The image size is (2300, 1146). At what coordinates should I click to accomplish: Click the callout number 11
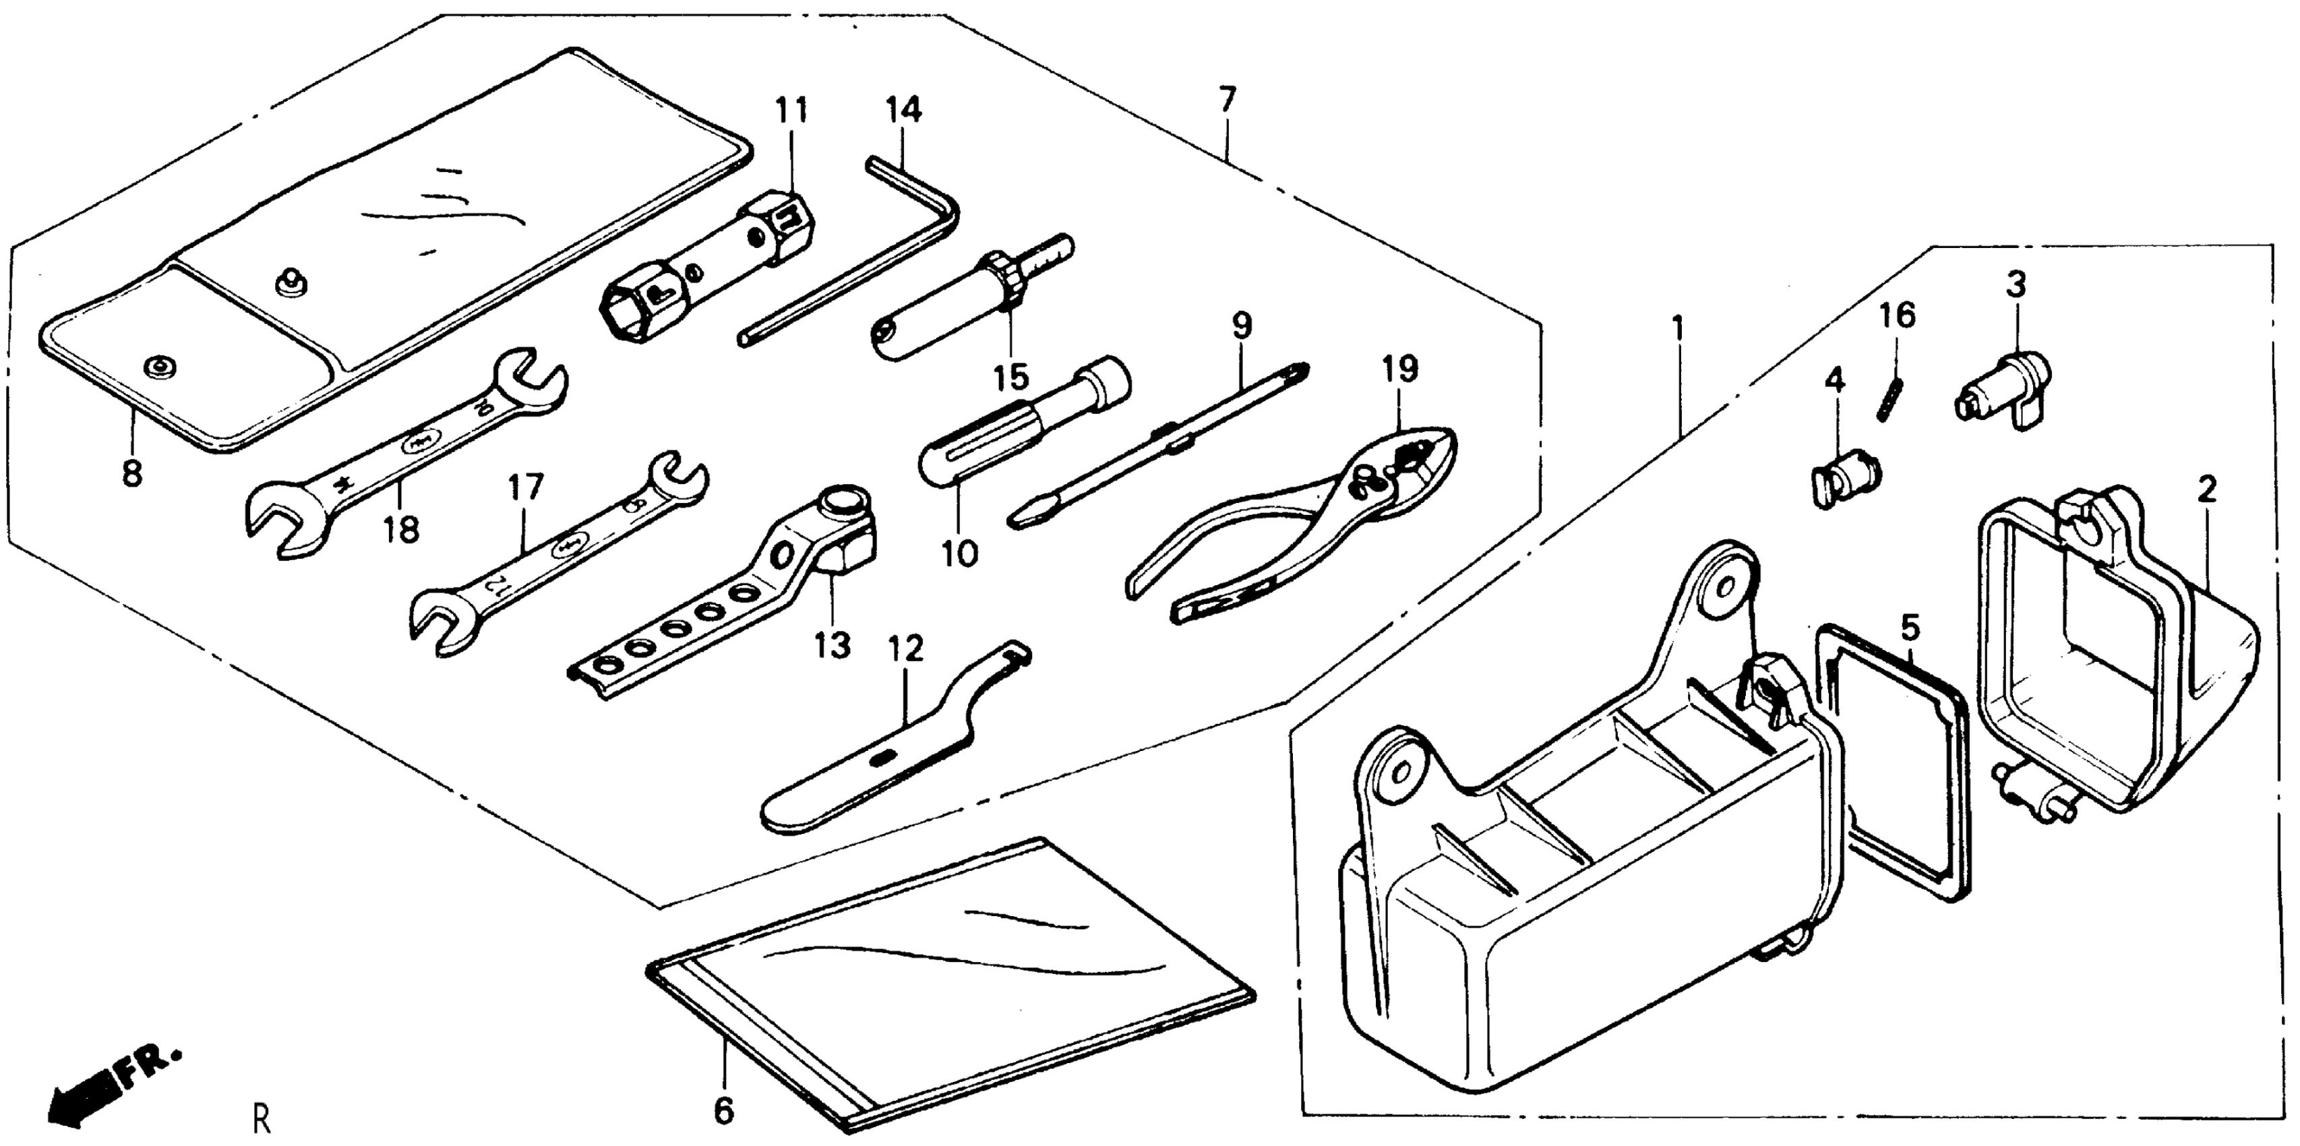791,110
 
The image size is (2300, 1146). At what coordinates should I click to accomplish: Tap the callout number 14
903,110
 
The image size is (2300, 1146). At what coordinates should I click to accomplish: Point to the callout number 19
1400,369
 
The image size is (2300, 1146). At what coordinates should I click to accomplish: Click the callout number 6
724,1110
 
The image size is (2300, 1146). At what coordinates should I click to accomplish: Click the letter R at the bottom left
261,1118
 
